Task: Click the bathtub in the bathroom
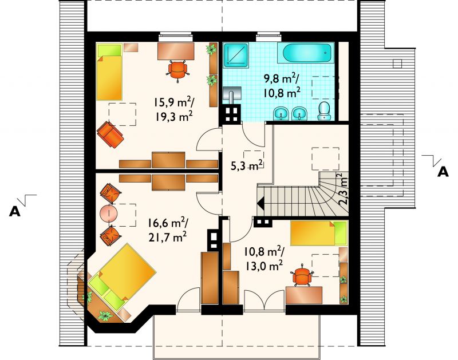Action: click(x=308, y=53)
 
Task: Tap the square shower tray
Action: click(x=235, y=54)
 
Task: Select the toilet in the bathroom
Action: click(x=323, y=111)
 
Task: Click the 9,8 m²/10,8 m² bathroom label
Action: click(x=282, y=85)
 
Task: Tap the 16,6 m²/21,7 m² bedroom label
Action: click(x=167, y=230)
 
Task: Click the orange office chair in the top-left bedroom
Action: click(x=177, y=70)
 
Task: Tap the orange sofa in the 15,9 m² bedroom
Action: click(x=110, y=135)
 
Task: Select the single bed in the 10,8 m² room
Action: click(x=319, y=233)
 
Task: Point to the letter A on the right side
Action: click(x=443, y=172)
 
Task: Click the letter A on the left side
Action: click(x=15, y=211)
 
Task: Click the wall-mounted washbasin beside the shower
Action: click(x=232, y=94)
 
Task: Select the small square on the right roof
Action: click(x=397, y=64)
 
